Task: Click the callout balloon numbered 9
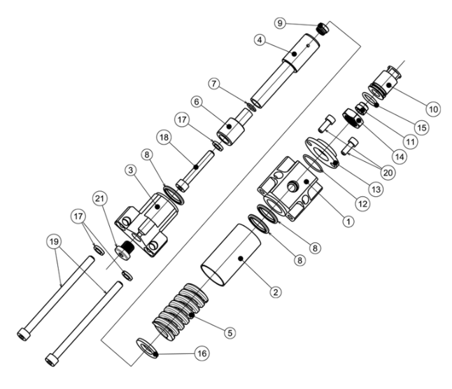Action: [x=280, y=23]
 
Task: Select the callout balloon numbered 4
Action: [x=260, y=40]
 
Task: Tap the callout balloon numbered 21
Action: [x=100, y=198]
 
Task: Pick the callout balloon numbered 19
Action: [x=54, y=242]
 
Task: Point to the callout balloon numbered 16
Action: [x=202, y=353]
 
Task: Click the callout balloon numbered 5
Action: [x=229, y=333]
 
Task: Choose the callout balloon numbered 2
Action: [x=276, y=293]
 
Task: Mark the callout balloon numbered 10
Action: [x=433, y=110]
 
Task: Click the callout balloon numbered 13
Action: [x=376, y=189]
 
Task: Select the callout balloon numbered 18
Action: [x=164, y=138]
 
